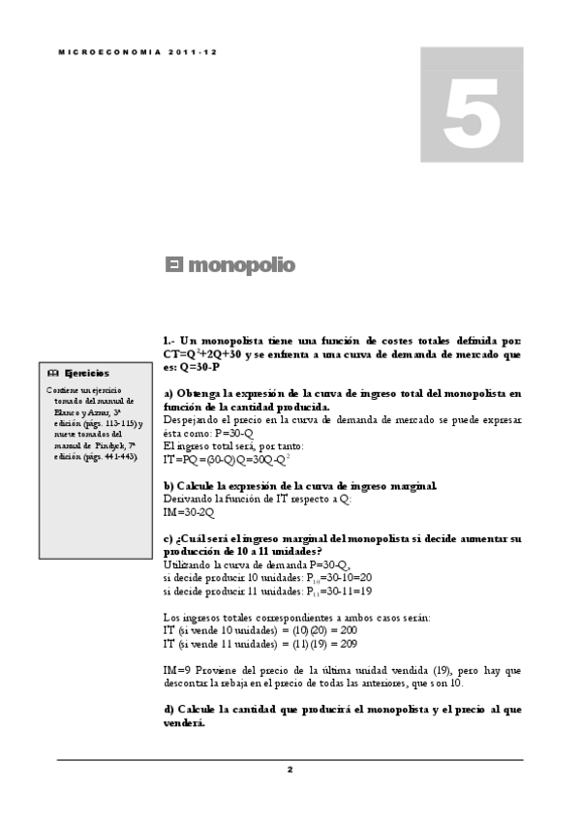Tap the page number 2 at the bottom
click(x=290, y=770)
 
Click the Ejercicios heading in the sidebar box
click(x=86, y=373)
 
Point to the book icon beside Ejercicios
click(x=54, y=373)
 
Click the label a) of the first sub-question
click(x=168, y=393)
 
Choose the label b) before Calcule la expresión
click(x=168, y=485)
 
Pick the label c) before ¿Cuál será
click(x=168, y=537)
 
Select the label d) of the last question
click(x=169, y=709)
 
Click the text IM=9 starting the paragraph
click(x=176, y=669)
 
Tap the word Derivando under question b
click(x=190, y=498)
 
